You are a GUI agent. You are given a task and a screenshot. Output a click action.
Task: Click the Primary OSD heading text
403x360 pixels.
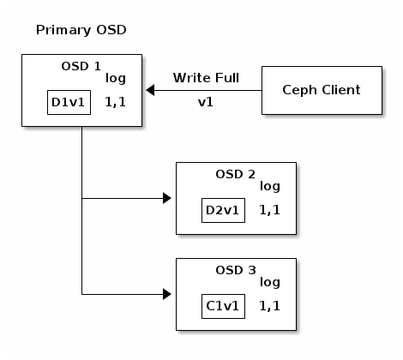click(x=81, y=31)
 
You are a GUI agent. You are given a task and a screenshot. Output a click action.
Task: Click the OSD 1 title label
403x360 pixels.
click(x=81, y=66)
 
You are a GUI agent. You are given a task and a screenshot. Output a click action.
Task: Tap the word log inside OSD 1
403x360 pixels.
click(x=116, y=79)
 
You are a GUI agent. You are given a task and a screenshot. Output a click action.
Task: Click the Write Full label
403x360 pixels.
click(x=205, y=78)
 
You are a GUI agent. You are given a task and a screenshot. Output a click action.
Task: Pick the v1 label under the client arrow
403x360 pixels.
click(x=205, y=101)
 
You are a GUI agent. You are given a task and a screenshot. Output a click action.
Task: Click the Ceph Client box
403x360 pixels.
click(x=322, y=89)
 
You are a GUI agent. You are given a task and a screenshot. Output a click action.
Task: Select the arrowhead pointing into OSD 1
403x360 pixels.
click(x=150, y=89)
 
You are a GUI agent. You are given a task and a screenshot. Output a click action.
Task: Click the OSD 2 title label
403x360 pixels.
click(x=236, y=174)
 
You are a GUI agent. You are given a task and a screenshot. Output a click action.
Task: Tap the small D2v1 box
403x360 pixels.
click(x=223, y=210)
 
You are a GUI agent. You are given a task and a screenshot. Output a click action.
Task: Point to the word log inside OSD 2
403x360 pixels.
click(x=270, y=186)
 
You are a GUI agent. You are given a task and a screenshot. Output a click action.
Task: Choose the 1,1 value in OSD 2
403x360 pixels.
click(x=270, y=209)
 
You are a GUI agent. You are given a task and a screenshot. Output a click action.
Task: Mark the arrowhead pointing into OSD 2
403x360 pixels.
click(x=166, y=198)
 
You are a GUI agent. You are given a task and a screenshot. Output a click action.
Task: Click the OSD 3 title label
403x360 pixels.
click(x=236, y=269)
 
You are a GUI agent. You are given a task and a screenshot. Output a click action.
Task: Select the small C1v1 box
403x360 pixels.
click(x=223, y=305)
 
